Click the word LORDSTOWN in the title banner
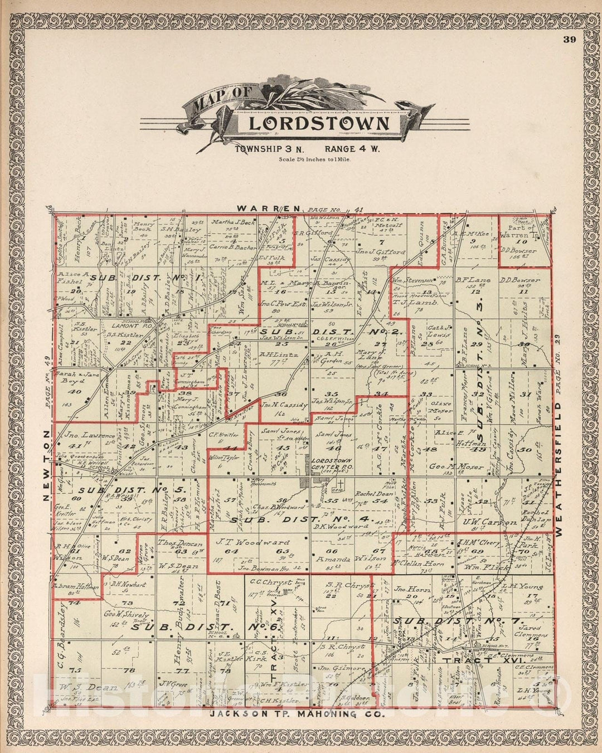[318, 123]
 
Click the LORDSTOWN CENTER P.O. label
[332, 461]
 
